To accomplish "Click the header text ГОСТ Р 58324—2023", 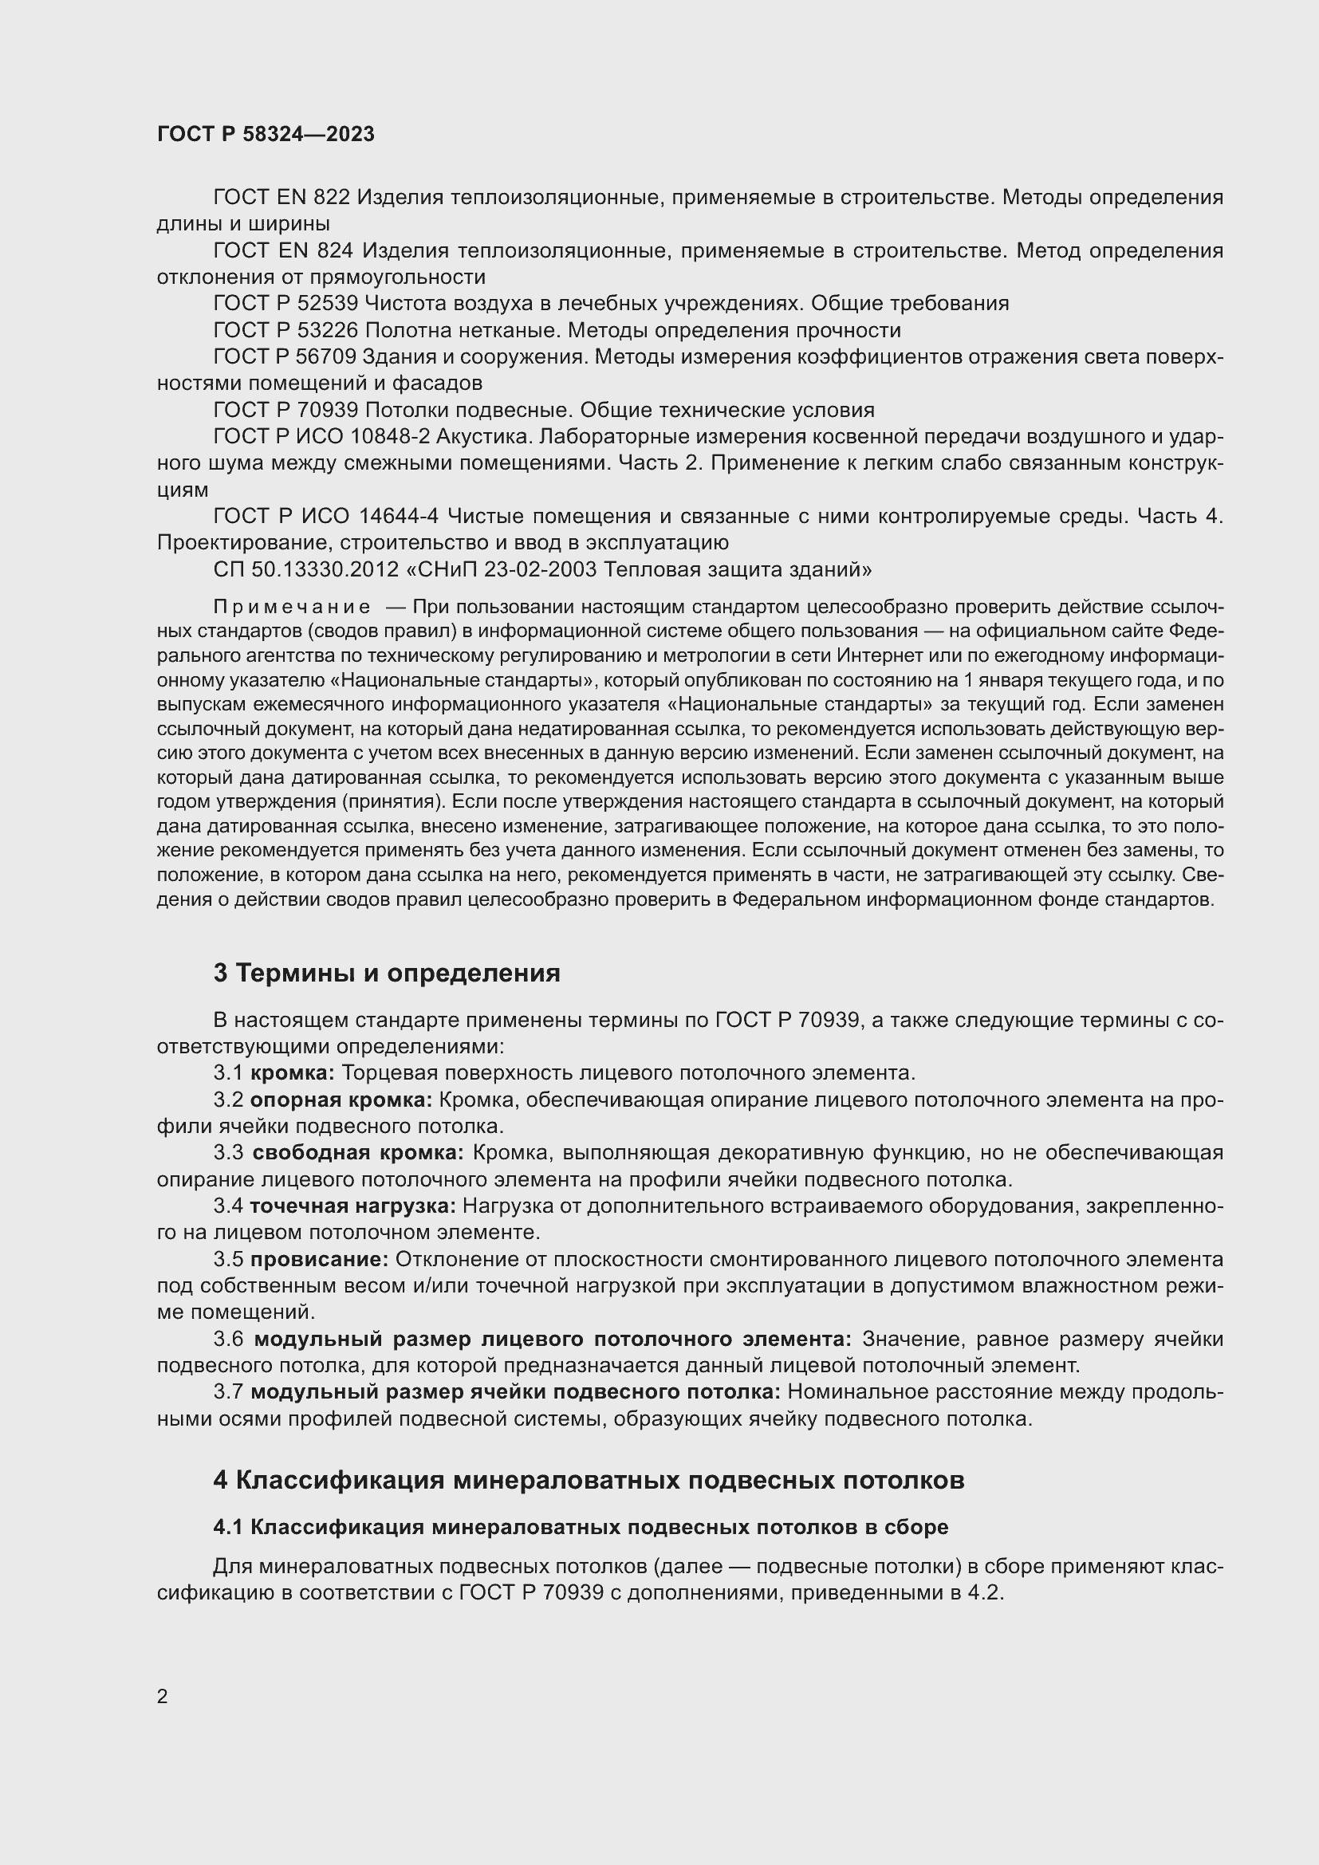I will [266, 134].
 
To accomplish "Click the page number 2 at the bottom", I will [163, 1696].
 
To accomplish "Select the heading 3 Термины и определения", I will [387, 973].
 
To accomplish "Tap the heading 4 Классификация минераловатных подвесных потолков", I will [589, 1480].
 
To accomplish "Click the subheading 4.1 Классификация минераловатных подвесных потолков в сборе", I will [581, 1527].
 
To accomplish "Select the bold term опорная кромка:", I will [341, 1100].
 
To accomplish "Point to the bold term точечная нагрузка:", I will [352, 1206].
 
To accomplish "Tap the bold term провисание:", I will [319, 1259].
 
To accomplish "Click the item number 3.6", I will [228, 1339].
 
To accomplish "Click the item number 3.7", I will [228, 1391].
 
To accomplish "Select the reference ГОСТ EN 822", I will [281, 198].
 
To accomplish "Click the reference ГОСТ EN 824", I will [281, 251].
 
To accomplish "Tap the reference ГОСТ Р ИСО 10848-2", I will [321, 437].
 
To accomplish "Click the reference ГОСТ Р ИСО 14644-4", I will [325, 516].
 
